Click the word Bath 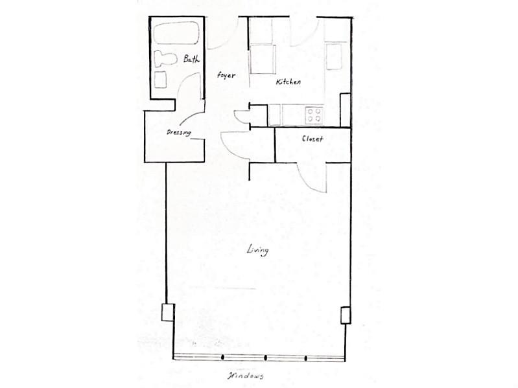pos(191,59)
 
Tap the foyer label pos(226,75)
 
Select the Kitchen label pos(288,82)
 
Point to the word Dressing pos(179,133)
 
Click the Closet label pos(312,139)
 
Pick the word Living pos(257,251)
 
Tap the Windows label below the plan pos(246,376)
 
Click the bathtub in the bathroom pos(177,33)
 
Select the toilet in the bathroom pos(165,59)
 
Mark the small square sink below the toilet pos(160,80)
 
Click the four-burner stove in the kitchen pos(314,115)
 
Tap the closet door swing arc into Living pos(307,183)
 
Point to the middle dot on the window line pos(266,358)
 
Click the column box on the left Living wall pos(168,312)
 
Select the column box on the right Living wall pos(346,315)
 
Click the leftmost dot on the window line pos(222,357)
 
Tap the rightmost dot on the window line pos(305,358)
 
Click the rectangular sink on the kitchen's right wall pos(334,56)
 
